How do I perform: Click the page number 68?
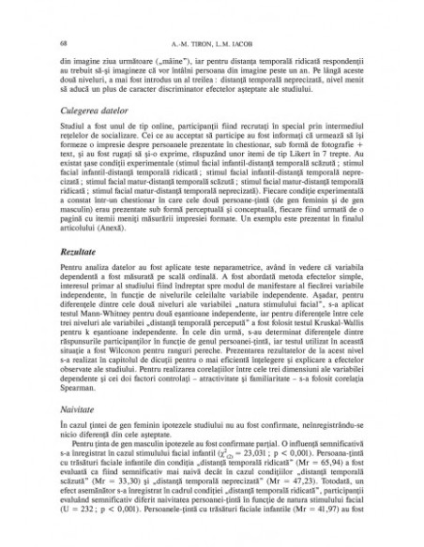[x=61, y=44]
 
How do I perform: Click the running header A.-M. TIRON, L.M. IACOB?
[x=211, y=44]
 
